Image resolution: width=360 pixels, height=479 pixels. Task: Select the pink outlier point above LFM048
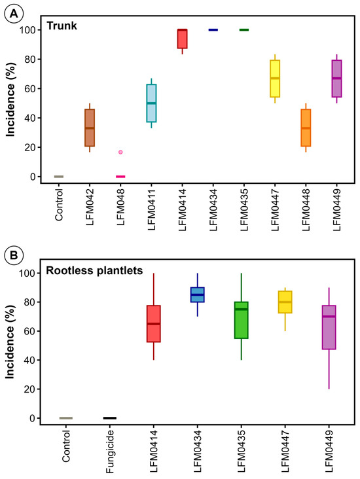[x=120, y=152]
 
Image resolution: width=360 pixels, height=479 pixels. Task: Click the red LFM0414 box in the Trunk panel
[x=182, y=39]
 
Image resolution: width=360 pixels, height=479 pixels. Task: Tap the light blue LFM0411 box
[x=151, y=103]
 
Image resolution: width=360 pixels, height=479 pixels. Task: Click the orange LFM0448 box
[x=306, y=128]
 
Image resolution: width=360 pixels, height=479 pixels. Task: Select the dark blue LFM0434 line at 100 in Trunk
[x=213, y=29]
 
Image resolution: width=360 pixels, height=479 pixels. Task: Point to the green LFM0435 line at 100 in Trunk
[x=243, y=29]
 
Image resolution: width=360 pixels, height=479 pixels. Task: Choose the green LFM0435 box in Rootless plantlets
[x=241, y=319]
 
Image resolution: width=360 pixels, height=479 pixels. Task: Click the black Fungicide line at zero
[x=109, y=417]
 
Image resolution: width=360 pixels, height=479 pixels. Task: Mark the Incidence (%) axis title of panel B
[x=11, y=343]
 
